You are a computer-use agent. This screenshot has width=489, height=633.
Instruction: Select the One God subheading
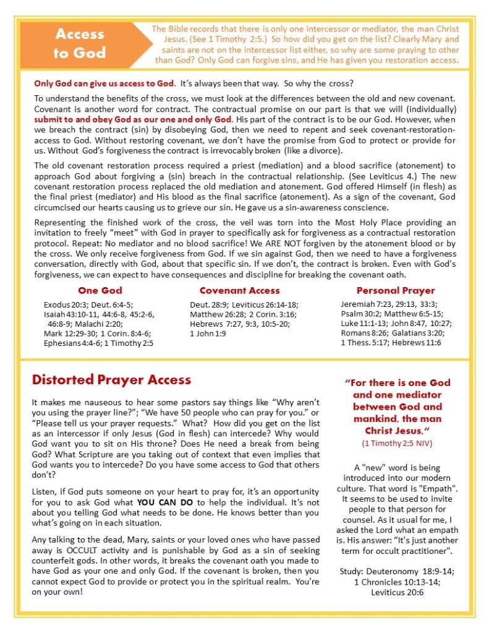[x=100, y=290]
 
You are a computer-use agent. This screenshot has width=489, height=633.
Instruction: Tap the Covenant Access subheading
[x=239, y=290]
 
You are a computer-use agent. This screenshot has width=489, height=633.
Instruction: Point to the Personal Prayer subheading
[x=395, y=290]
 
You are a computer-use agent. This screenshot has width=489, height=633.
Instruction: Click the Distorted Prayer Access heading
[x=111, y=379]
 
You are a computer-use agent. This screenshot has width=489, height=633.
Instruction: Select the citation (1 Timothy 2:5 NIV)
[x=399, y=444]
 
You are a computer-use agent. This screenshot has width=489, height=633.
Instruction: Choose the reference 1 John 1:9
[x=208, y=333]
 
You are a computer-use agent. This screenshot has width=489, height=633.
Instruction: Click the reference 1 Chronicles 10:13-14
[x=399, y=582]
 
